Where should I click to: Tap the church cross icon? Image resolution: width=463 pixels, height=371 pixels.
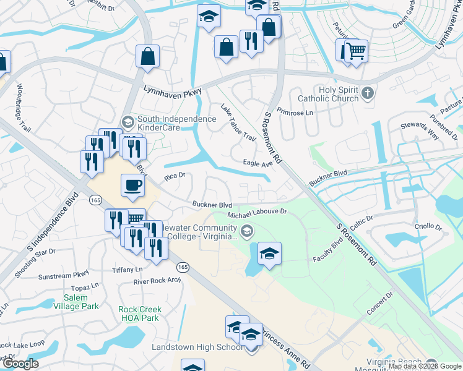pyautogui.click(x=368, y=93)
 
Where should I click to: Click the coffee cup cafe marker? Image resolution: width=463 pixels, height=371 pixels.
pyautogui.click(x=134, y=185)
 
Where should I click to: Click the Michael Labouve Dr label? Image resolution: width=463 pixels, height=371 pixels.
pyautogui.click(x=257, y=211)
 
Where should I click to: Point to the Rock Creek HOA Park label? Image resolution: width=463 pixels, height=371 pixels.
pyautogui.click(x=140, y=313)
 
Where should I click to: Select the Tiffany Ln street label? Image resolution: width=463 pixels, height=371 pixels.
pyautogui.click(x=128, y=269)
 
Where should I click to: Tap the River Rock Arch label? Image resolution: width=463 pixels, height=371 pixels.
pyautogui.click(x=157, y=281)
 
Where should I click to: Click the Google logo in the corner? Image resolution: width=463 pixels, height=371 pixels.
pyautogui.click(x=21, y=364)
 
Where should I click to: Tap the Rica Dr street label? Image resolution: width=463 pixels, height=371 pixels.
pyautogui.click(x=175, y=177)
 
